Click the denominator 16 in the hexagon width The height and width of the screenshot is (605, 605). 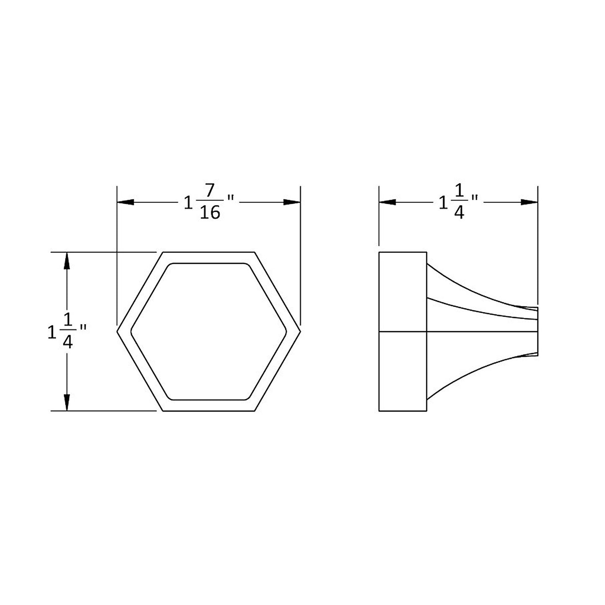(x=210, y=213)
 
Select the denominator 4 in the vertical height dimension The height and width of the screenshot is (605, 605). (x=67, y=342)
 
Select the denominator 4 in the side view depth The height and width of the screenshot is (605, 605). (x=459, y=213)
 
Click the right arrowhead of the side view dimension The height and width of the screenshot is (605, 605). (x=530, y=202)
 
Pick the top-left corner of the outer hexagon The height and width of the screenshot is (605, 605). (x=163, y=252)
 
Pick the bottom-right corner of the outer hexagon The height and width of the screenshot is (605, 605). (x=254, y=411)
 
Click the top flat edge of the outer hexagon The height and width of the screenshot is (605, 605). (x=209, y=252)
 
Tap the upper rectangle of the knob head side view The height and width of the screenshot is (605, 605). (x=402, y=292)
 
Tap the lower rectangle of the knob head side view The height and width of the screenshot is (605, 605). (x=402, y=371)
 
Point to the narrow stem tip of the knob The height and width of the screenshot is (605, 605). (x=532, y=332)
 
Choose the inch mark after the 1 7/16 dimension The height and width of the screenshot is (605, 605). (x=230, y=197)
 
